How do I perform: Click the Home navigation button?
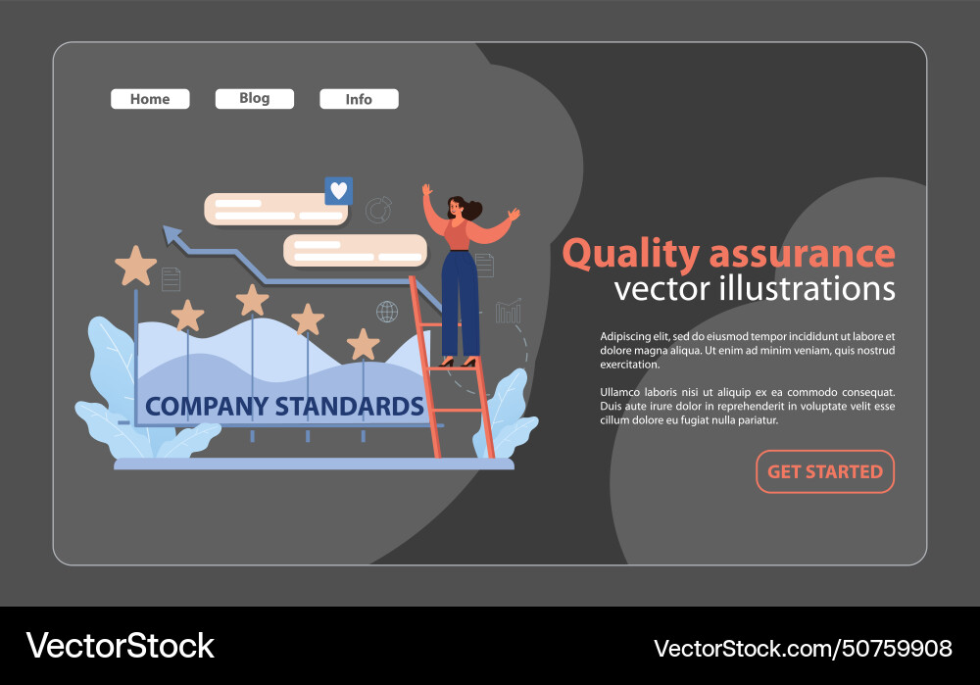pos(150,99)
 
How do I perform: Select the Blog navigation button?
pos(254,98)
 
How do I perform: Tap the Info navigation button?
pos(359,99)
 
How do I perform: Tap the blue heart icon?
pos(338,191)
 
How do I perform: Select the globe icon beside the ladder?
pos(387,312)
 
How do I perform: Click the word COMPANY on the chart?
pos(205,406)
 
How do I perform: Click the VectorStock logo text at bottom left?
pos(120,646)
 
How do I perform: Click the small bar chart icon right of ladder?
pos(508,312)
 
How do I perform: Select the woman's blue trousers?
pos(460,299)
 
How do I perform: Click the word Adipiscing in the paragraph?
pos(628,336)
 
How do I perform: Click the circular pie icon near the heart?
pos(377,210)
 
